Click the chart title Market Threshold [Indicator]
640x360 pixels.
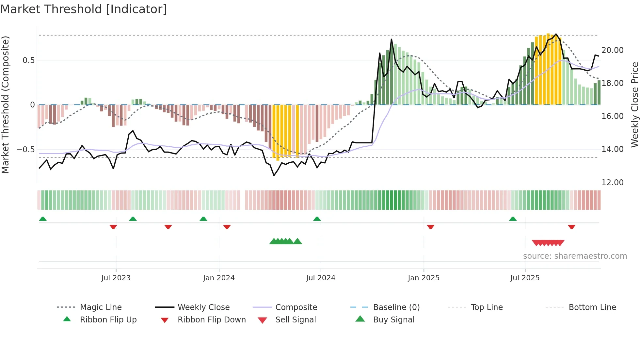pos(84,9)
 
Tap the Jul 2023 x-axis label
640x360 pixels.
pos(116,278)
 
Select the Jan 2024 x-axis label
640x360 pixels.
pos(219,278)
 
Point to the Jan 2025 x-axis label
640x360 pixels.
pos(424,278)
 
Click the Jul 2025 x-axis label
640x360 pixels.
pos(525,278)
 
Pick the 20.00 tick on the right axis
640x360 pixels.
pos(612,50)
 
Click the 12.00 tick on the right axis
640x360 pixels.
pos(612,183)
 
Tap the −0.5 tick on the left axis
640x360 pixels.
pos(25,150)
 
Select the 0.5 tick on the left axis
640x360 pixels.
pos(28,60)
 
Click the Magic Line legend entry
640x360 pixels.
pos(101,307)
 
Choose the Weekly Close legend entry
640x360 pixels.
pos(203,307)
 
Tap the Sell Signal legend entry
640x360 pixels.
pos(296,320)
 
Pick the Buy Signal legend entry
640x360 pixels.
pos(393,320)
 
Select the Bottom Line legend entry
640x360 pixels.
pos(592,307)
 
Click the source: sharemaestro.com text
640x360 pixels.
pos(575,256)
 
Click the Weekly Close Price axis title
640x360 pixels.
pos(634,105)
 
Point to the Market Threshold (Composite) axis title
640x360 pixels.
pos(5,105)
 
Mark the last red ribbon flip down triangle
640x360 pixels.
pos(571,227)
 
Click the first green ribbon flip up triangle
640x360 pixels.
pos(43,219)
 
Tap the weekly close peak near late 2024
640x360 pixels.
pos(391,39)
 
